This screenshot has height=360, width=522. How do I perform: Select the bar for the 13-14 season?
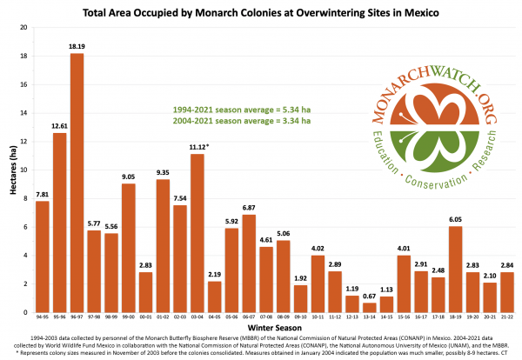369,307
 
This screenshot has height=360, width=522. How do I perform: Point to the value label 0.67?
369,297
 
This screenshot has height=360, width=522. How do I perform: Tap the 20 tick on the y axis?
24,27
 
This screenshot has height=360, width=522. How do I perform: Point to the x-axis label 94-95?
43,318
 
